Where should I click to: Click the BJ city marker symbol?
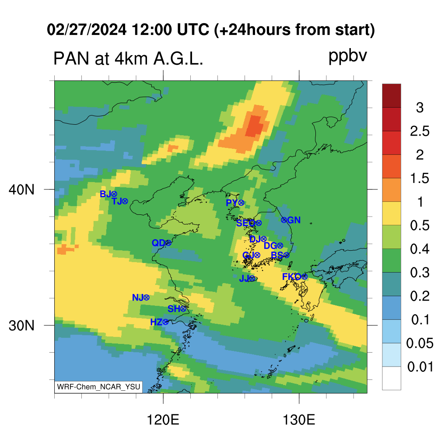point(114,194)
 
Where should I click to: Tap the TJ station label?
point(117,201)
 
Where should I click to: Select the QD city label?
point(158,243)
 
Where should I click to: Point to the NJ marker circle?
point(146,297)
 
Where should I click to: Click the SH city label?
point(174,309)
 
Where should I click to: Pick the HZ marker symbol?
point(165,322)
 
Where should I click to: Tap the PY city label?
point(232,203)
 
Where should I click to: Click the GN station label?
point(294,220)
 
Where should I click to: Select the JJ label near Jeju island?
point(244,278)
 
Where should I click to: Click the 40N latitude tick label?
point(21,189)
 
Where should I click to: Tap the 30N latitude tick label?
point(21,325)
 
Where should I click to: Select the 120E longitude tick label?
point(163,420)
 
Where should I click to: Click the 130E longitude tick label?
point(299,420)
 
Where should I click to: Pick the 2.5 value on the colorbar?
point(420,131)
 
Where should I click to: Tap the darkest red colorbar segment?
point(392,95)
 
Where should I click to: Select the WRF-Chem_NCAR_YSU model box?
point(98,387)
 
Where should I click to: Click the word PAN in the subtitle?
point(71,59)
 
